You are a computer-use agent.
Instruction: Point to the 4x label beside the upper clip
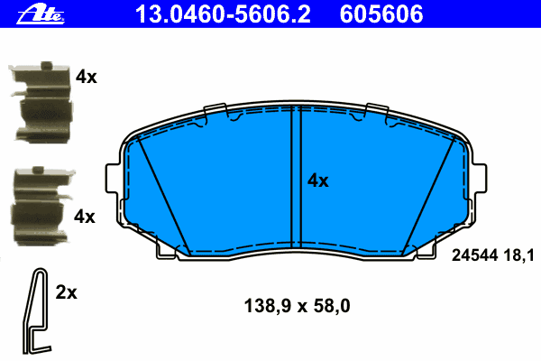(86, 78)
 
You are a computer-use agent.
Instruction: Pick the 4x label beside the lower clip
(84, 217)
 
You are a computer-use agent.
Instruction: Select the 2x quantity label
(67, 292)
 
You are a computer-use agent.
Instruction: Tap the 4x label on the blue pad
(317, 180)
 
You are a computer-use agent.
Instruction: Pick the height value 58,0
(330, 306)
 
